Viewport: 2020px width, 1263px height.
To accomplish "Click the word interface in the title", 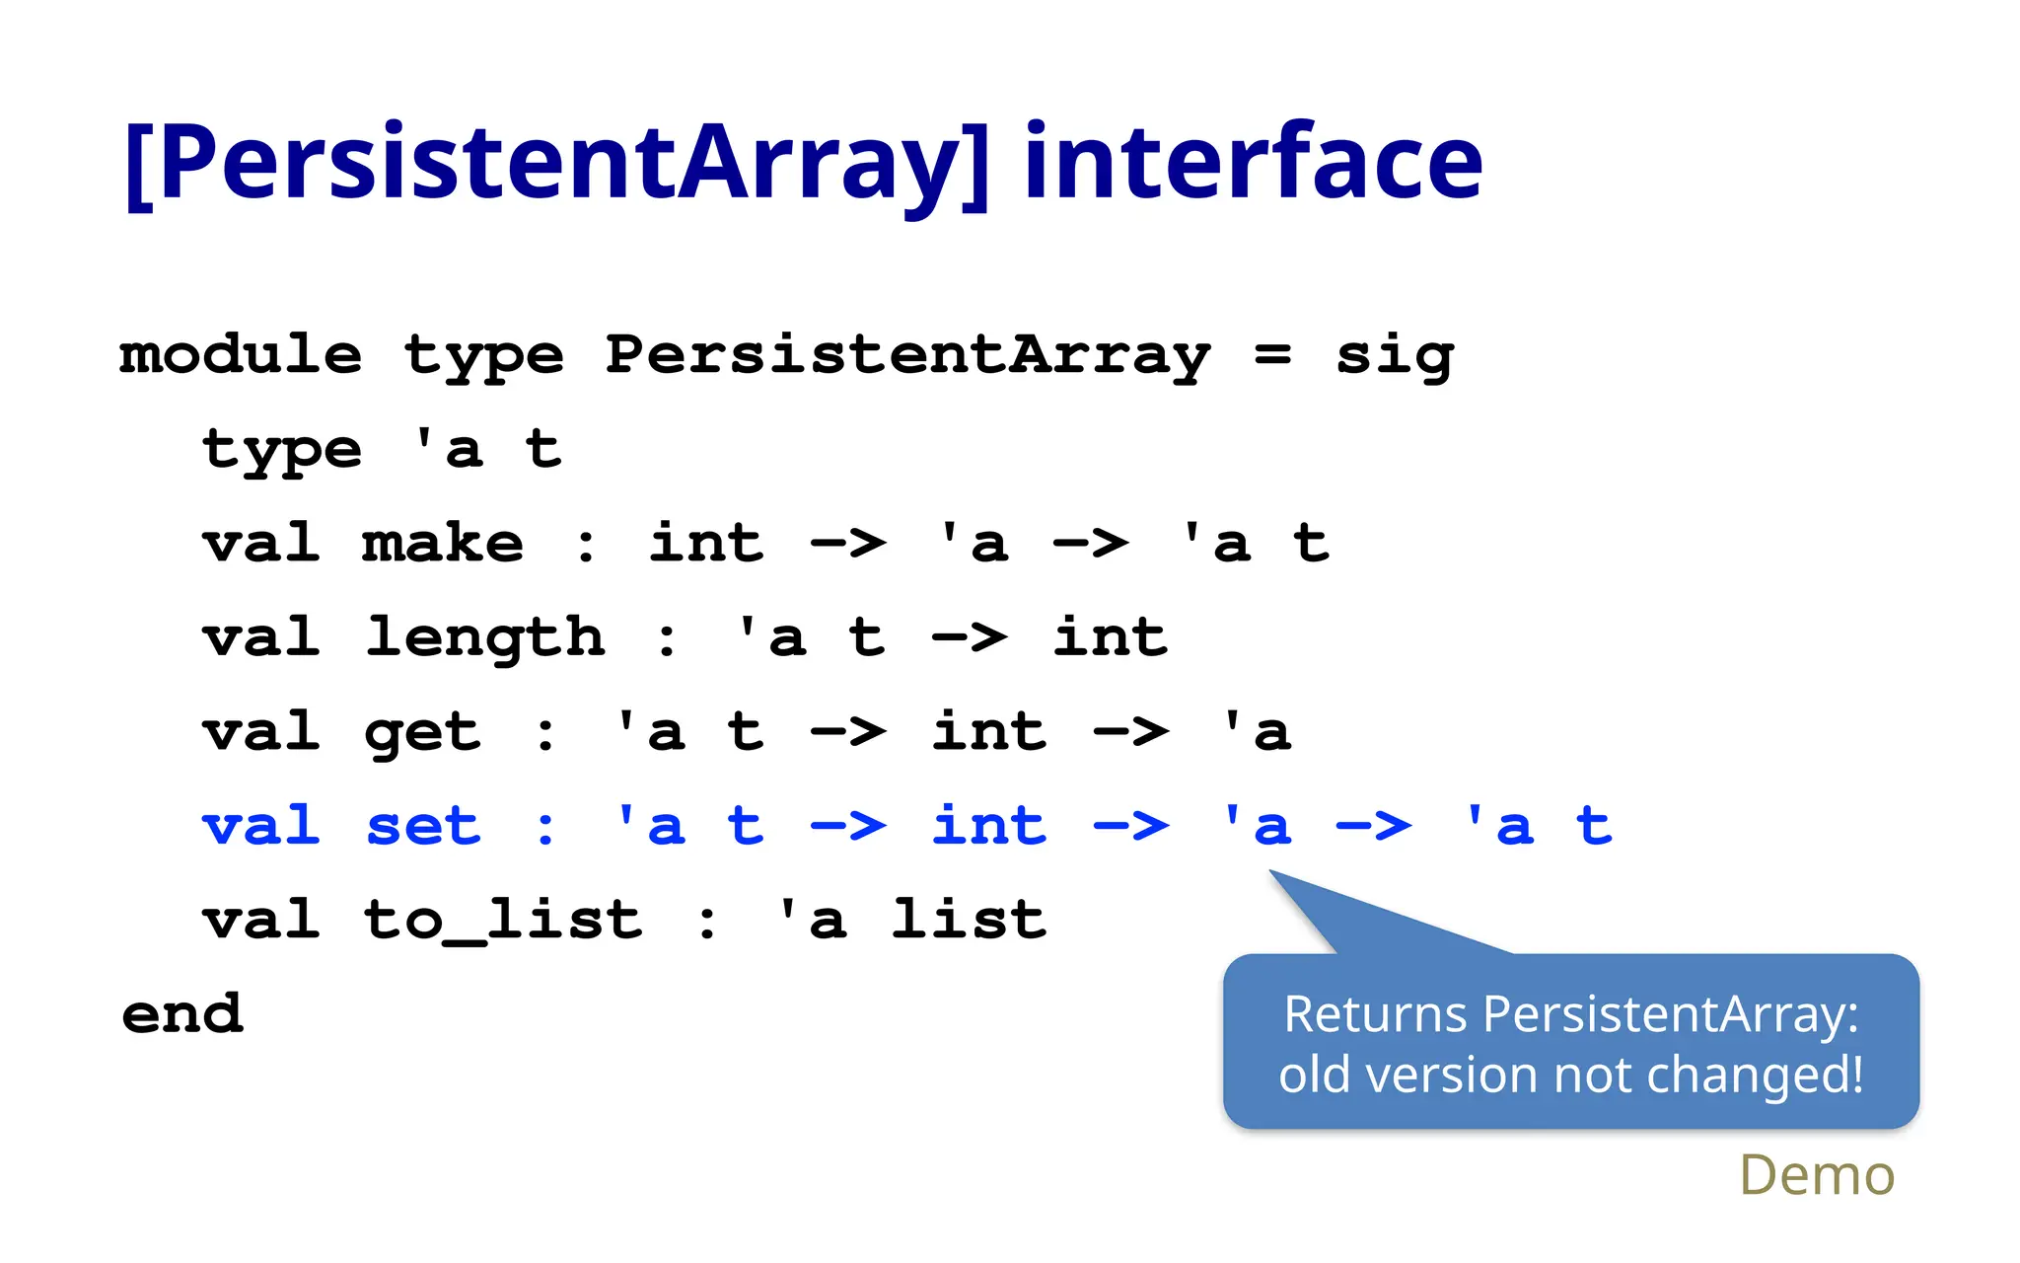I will click(1253, 163).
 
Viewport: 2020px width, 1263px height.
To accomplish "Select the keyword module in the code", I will click(241, 355).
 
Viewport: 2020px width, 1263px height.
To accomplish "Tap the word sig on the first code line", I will click(1395, 355).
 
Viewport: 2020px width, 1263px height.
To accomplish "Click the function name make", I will click(443, 544).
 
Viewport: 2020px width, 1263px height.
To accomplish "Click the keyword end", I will click(182, 1014).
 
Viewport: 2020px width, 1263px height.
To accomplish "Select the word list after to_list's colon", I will click(969, 921).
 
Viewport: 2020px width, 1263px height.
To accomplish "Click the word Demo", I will click(1816, 1175).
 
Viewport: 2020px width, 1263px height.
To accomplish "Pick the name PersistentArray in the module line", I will click(907, 355).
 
